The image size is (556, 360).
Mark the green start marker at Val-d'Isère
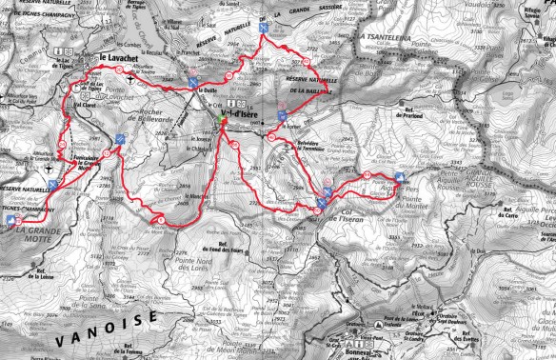click(222, 121)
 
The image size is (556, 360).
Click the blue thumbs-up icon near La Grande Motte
click(18, 220)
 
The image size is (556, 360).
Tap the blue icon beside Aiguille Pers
click(401, 176)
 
